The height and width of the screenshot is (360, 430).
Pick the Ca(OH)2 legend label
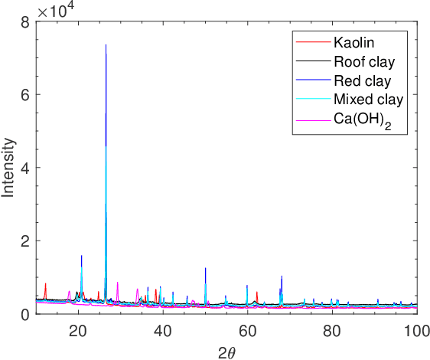pos(362,119)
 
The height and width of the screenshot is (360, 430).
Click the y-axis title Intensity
pos(9,168)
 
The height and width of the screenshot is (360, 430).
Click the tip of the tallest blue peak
pos(106,45)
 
